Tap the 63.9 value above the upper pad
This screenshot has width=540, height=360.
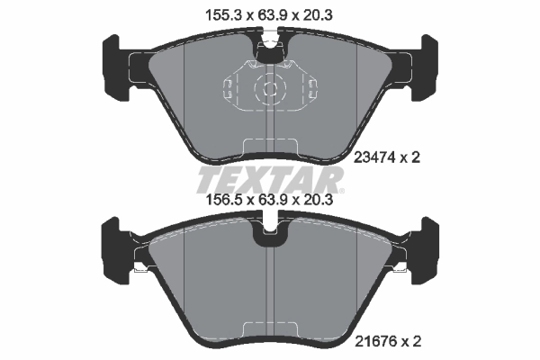point(270,14)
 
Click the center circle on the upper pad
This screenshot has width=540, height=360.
point(270,88)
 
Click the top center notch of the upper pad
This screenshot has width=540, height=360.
point(269,50)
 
